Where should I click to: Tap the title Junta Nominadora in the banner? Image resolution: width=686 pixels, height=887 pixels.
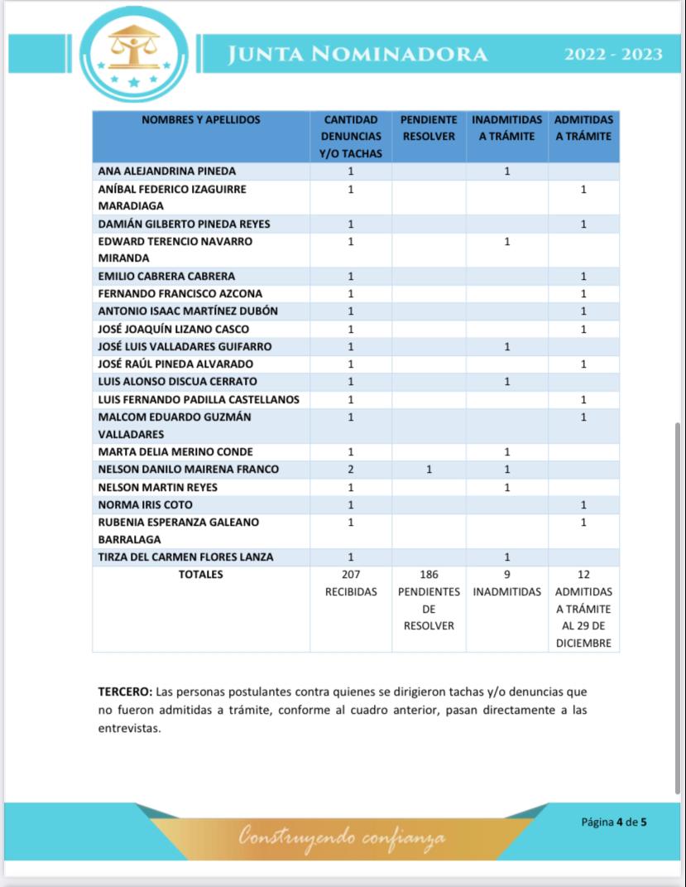(357, 54)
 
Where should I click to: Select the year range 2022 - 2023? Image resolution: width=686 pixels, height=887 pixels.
(613, 55)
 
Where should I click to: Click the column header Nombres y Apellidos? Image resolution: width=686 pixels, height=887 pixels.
(201, 120)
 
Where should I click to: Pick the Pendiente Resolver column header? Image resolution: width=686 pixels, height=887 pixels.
(429, 128)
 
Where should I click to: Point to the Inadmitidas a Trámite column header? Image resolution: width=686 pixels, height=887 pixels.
(506, 128)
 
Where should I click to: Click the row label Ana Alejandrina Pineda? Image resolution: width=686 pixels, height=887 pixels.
(167, 171)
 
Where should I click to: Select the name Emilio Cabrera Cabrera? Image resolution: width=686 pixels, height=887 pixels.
(166, 277)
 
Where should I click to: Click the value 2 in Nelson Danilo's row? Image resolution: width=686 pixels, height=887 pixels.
(351, 470)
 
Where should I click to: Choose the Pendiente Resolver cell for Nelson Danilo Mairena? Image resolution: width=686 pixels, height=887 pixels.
(429, 470)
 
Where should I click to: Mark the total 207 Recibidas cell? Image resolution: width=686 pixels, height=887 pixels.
(351, 583)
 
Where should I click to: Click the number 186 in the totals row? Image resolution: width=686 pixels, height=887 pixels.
(429, 574)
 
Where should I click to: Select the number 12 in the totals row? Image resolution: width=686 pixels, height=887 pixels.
(583, 574)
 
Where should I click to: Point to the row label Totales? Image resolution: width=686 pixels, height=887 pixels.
(201, 574)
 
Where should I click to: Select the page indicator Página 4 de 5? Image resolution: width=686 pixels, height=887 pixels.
(613, 822)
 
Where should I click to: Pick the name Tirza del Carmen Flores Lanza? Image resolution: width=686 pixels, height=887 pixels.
(185, 557)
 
